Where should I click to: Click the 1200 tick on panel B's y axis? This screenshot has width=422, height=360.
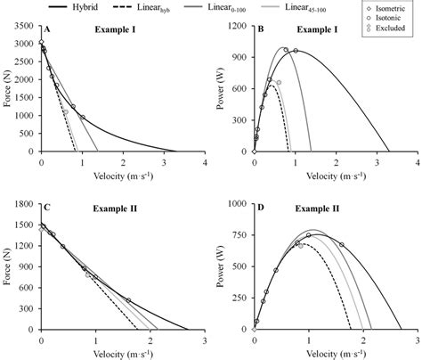[x=238, y=27]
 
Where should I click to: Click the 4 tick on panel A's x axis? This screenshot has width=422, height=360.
[x=204, y=164]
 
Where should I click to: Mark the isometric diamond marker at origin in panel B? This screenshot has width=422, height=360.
[x=254, y=152]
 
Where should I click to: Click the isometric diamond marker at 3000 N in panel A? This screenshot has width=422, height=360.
[x=41, y=42]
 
